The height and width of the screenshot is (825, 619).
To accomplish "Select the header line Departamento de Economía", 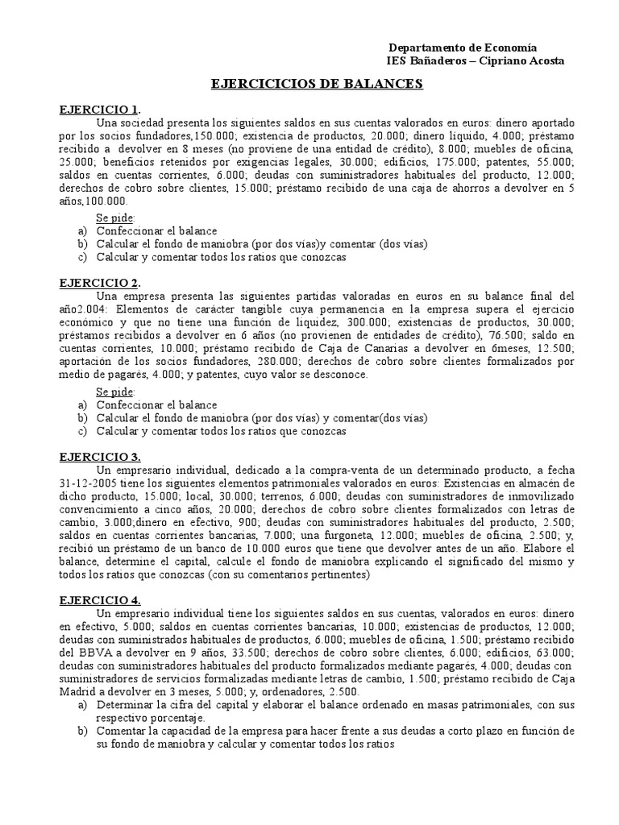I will coord(463,48).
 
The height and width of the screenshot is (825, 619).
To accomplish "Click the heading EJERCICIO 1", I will coord(100,110).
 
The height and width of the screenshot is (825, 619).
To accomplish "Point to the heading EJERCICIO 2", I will coord(100,283).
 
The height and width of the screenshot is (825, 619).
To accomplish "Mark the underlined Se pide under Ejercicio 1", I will coord(116,218).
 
